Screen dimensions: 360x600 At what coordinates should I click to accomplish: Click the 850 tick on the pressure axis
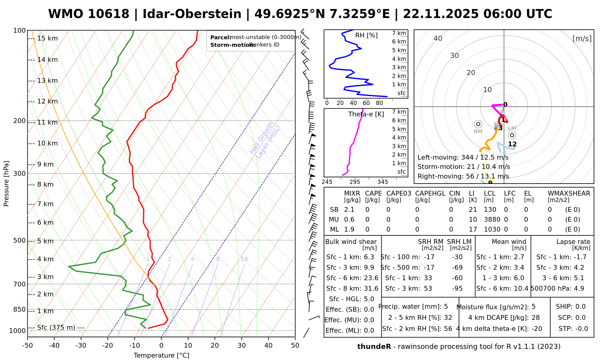pyautogui.click(x=19, y=309)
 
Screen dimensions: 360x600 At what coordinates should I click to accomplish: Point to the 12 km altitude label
pyautogui.click(x=47, y=101)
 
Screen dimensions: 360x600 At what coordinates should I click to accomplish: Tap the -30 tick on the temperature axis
pyautogui.click(x=81, y=345)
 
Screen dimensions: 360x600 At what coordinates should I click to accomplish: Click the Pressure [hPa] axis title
pyautogui.click(x=6, y=184)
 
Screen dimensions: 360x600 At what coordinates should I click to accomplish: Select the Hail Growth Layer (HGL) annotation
pyautogui.click(x=265, y=140)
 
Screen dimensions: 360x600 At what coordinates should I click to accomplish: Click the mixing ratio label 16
pyautogui.click(x=244, y=259)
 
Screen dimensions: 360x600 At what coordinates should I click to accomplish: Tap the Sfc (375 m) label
pyautogui.click(x=56, y=327)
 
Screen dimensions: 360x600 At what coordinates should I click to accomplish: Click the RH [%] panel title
pyautogui.click(x=366, y=35)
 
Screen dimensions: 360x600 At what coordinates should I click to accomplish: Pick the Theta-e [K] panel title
pyautogui.click(x=366, y=114)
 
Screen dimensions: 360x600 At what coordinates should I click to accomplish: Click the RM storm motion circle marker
pyautogui.click(x=478, y=124)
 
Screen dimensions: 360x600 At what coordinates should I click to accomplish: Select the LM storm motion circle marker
pyautogui.click(x=512, y=135)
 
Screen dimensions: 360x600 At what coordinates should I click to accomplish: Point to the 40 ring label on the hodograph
pyautogui.click(x=438, y=38)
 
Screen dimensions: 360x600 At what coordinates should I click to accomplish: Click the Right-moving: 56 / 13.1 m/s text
pyautogui.click(x=463, y=176)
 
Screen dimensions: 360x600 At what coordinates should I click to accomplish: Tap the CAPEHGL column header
pyautogui.click(x=430, y=193)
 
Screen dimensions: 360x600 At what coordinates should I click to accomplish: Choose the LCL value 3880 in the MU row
pyautogui.click(x=492, y=220)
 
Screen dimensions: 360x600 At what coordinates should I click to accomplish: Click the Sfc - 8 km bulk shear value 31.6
pyautogui.click(x=371, y=288)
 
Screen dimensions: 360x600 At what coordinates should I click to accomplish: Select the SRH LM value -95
pyautogui.click(x=457, y=288)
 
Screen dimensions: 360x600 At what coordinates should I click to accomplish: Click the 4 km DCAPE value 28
pyautogui.click(x=535, y=318)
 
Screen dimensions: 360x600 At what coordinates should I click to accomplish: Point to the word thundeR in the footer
pyautogui.click(x=374, y=346)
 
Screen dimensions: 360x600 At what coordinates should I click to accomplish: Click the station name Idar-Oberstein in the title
pyautogui.click(x=192, y=14)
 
